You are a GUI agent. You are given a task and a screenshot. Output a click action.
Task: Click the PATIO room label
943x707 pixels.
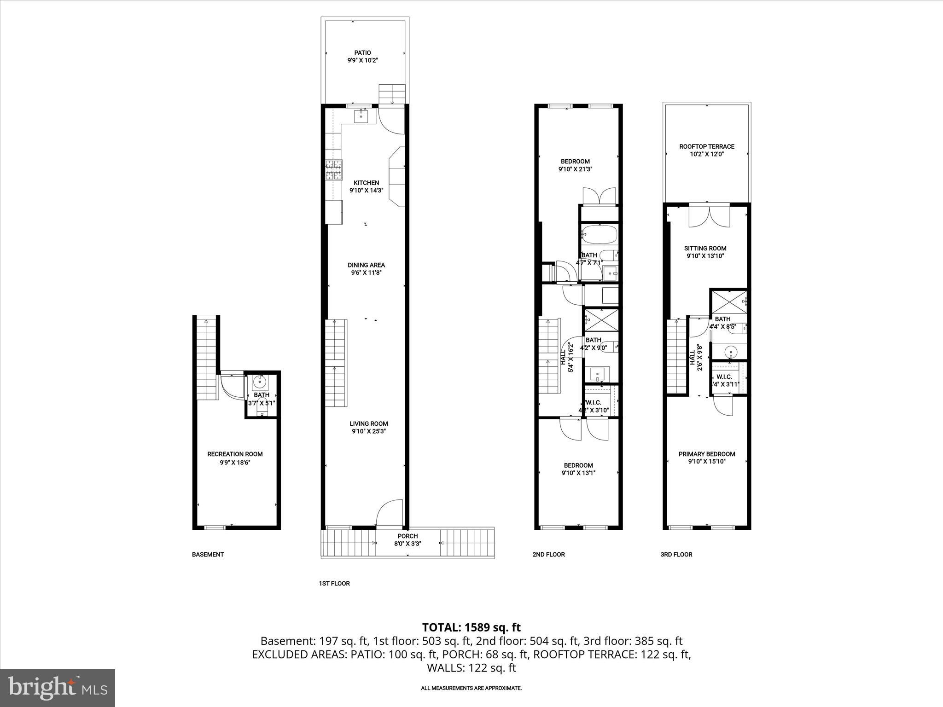click(x=362, y=53)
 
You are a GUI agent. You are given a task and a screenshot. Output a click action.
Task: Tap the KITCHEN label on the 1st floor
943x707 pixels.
click(x=366, y=183)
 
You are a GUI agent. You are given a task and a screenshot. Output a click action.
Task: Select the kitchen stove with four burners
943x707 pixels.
click(x=334, y=169)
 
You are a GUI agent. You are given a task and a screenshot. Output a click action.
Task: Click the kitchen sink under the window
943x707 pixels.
click(x=361, y=116)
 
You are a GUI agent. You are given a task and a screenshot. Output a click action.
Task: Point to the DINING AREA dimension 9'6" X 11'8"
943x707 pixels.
click(x=366, y=272)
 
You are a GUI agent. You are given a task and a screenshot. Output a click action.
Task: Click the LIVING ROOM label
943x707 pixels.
click(x=368, y=424)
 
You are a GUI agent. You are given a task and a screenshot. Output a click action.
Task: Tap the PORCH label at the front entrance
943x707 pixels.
click(x=407, y=536)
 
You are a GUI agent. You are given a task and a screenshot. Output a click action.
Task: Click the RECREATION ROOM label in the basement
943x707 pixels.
click(x=235, y=454)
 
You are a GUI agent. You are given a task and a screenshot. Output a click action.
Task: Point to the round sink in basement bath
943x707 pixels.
click(x=261, y=381)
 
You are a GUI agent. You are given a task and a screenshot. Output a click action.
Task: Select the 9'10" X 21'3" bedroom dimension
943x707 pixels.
click(x=575, y=169)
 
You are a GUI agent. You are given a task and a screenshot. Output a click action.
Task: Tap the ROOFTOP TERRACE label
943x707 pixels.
click(x=707, y=147)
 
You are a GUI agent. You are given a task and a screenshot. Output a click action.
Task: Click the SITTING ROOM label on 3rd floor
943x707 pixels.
click(x=705, y=249)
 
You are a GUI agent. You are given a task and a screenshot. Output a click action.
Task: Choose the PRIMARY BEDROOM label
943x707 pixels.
click(x=707, y=454)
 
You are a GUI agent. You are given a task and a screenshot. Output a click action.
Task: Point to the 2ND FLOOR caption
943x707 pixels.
click(x=548, y=555)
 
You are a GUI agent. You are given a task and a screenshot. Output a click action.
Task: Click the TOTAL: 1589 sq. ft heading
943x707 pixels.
click(x=471, y=627)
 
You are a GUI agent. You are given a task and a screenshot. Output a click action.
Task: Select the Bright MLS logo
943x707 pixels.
click(x=58, y=688)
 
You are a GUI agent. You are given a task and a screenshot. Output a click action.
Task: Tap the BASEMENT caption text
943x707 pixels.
click(x=208, y=555)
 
